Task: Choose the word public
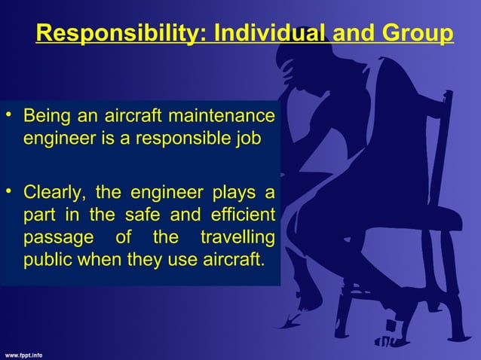point(46,261)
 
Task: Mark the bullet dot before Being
point(8,116)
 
